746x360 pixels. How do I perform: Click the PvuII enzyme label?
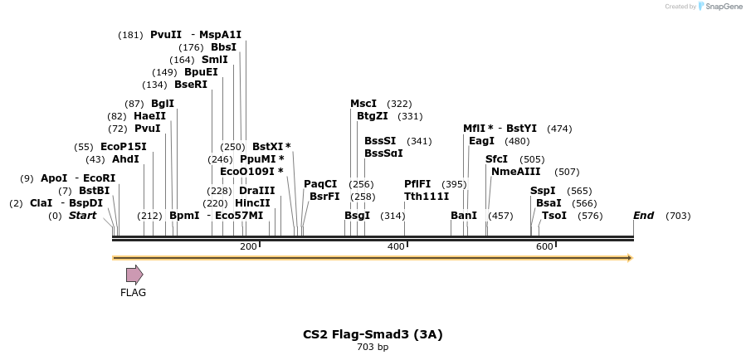click(165, 35)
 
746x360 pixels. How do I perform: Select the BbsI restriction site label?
click(223, 47)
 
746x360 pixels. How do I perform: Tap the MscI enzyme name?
click(363, 104)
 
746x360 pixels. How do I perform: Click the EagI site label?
click(481, 141)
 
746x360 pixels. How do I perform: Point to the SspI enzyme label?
click(542, 191)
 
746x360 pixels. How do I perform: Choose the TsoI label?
click(554, 216)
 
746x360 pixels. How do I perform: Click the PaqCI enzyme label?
click(320, 184)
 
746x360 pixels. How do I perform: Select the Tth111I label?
click(427, 197)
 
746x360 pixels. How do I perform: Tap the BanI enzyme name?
click(464, 216)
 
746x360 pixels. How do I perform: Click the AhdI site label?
click(125, 159)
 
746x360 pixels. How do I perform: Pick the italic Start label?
click(82, 216)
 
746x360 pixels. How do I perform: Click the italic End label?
click(644, 216)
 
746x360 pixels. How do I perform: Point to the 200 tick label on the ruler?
click(248, 246)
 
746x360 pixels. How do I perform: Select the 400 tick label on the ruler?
click(396, 246)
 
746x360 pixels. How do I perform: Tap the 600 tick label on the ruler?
click(544, 246)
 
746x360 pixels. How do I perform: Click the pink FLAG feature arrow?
click(134, 275)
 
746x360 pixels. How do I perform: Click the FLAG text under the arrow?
click(133, 293)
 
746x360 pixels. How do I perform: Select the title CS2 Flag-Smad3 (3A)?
click(373, 334)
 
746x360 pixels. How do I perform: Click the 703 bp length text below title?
click(373, 348)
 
